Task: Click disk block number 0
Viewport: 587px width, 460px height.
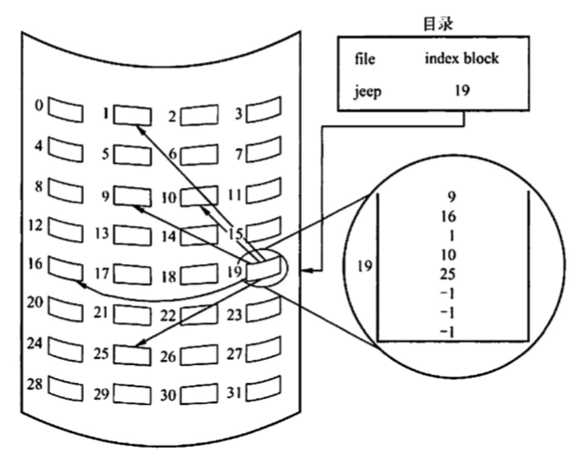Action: (x=67, y=109)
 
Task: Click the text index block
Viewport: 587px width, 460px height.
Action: (x=461, y=60)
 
